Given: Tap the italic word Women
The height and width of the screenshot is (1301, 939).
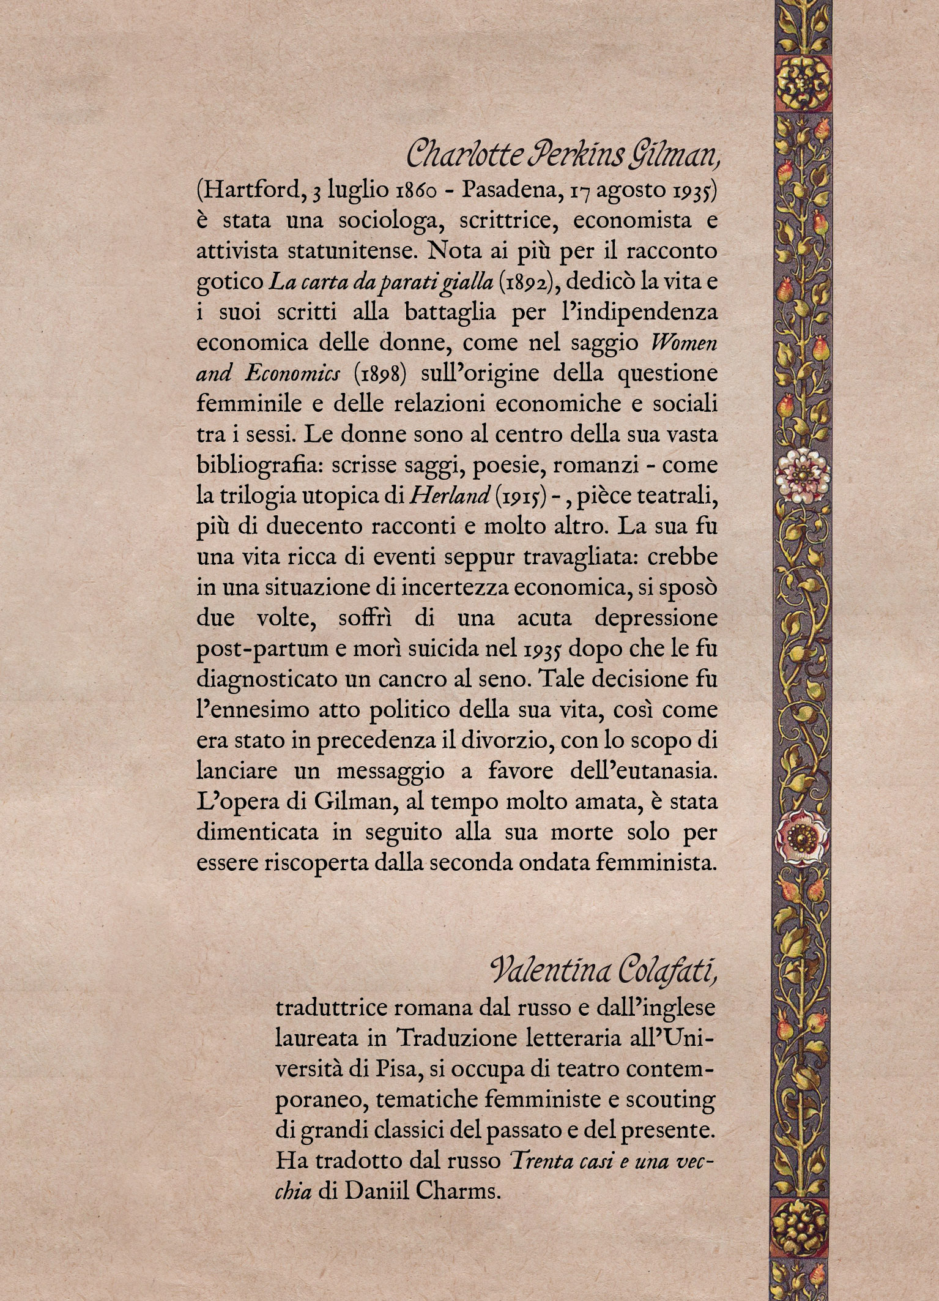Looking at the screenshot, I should (686, 343).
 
